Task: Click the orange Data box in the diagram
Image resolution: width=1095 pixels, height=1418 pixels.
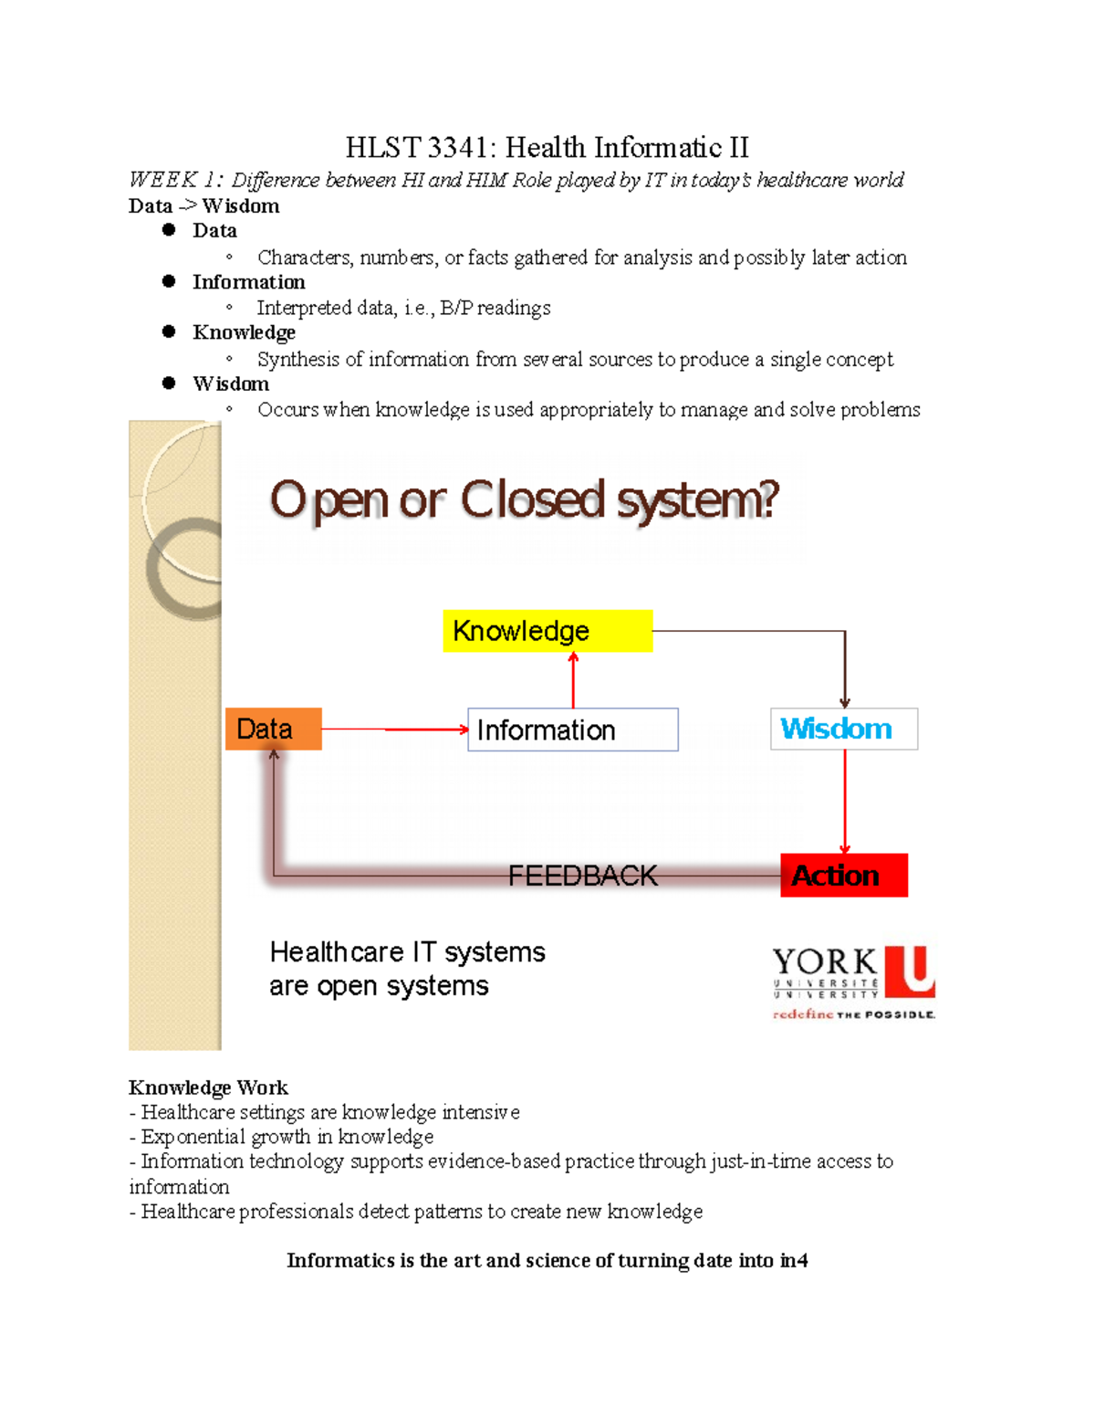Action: pos(273,729)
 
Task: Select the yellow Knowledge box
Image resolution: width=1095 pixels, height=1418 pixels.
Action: pos(547,631)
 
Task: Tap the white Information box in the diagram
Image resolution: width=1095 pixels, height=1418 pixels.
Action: pos(572,730)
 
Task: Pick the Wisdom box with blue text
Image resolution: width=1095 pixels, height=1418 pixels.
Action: pos(844,729)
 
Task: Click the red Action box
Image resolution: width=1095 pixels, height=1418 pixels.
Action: pos(844,875)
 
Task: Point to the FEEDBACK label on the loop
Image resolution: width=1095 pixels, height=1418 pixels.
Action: pos(582,876)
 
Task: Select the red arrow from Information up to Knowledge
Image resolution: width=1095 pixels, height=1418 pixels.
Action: pos(573,680)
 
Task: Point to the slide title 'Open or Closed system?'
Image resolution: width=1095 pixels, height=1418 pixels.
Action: pos(525,500)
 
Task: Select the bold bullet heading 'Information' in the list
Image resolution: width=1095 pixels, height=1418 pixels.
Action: pos(248,282)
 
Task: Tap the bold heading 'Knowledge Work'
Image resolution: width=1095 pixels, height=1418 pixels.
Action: pos(208,1087)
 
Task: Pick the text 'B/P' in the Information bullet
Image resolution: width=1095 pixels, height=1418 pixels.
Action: pos(456,308)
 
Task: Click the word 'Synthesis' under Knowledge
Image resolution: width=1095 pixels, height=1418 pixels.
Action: pos(298,359)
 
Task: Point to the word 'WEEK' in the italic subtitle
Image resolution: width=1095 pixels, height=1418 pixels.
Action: pos(163,180)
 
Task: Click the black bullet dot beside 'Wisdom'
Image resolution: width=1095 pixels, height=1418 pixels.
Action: pos(169,383)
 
